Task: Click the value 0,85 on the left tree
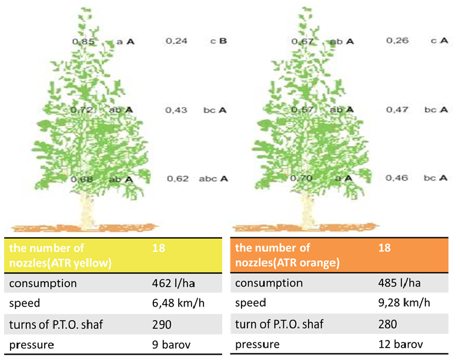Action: (x=80, y=42)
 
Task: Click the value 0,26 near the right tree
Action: (x=396, y=41)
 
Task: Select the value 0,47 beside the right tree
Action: (x=396, y=110)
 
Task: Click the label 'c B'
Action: (x=219, y=41)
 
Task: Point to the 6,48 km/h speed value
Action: (x=178, y=304)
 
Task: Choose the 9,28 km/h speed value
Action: (x=405, y=304)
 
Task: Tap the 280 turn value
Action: (x=388, y=324)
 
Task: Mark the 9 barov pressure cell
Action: (x=170, y=345)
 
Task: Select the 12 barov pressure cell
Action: (x=400, y=345)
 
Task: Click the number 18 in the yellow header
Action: (x=159, y=248)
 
